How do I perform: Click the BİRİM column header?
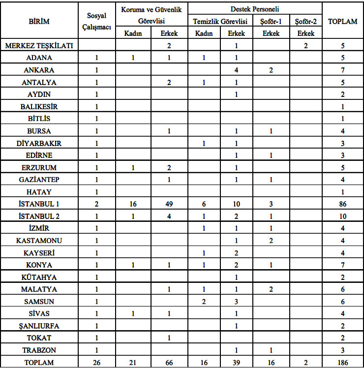coord(39,22)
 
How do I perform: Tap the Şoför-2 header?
coord(305,21)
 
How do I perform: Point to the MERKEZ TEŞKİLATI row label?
coord(39,46)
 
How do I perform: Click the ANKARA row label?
coord(39,70)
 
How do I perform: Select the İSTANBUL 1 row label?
coord(39,204)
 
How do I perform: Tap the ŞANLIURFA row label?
coord(39,326)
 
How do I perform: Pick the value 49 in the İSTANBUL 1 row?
coord(169,204)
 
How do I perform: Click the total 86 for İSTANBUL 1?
coord(343,204)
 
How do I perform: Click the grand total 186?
coord(343,363)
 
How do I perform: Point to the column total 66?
coord(169,363)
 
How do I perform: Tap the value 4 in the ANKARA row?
coord(237,70)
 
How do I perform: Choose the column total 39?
coord(237,363)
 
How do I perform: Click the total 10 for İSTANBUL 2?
coord(343,216)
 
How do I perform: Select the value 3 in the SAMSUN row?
coord(237,301)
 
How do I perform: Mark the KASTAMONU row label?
coord(39,241)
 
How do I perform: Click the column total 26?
coord(97,363)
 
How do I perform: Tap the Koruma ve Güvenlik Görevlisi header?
coord(151,15)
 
